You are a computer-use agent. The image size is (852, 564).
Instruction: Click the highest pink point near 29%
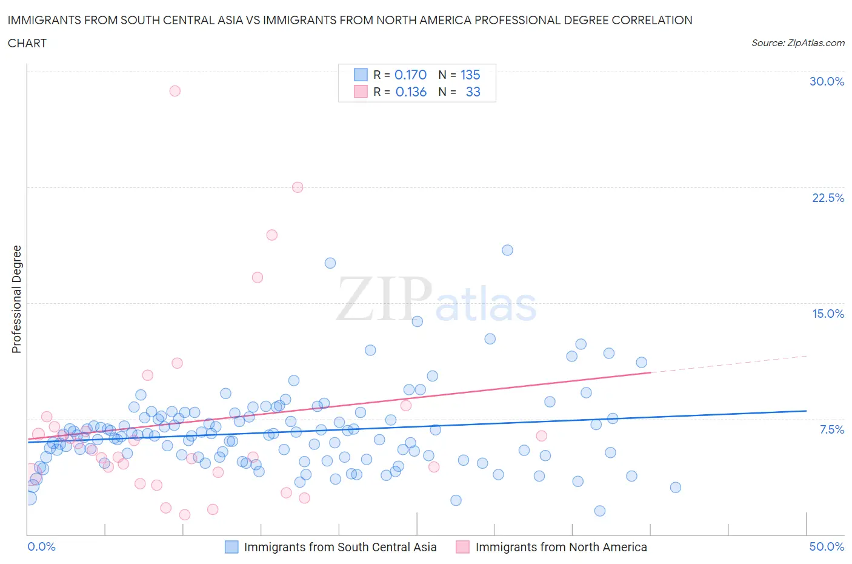click(175, 91)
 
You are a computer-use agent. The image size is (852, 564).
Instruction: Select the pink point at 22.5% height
click(298, 187)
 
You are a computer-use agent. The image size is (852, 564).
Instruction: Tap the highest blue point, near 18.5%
click(508, 250)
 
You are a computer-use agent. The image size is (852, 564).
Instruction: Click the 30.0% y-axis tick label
click(827, 81)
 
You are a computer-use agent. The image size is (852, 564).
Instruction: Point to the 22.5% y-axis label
click(828, 198)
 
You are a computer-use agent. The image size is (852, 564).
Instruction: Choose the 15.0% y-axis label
click(828, 314)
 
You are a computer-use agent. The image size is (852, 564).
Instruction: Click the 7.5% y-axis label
click(831, 429)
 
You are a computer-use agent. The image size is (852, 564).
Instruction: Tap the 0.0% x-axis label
click(41, 546)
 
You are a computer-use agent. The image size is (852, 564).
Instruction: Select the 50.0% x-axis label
click(827, 546)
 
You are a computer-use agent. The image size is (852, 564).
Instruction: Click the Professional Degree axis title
click(16, 299)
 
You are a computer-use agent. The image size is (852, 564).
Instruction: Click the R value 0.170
click(410, 75)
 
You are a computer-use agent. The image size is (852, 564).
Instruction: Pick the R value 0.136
click(411, 92)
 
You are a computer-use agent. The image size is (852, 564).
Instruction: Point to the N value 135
click(470, 75)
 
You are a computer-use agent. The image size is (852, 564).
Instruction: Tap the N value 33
click(473, 92)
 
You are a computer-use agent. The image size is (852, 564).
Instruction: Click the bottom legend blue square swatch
click(231, 547)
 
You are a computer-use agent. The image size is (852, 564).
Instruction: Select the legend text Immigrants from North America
click(561, 547)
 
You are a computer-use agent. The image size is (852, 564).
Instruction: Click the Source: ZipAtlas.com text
click(797, 43)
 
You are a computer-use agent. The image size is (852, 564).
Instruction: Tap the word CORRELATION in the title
click(653, 20)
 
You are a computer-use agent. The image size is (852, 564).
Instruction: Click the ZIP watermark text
click(384, 299)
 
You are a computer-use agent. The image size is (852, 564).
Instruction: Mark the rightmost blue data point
click(676, 488)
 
